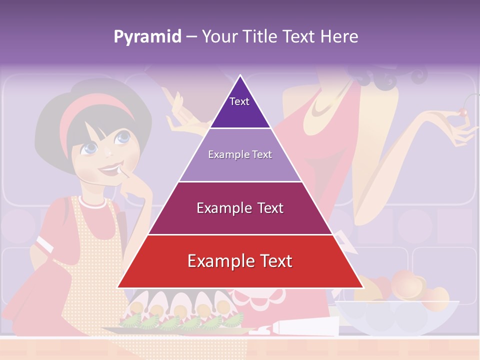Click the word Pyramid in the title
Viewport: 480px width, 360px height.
point(147,37)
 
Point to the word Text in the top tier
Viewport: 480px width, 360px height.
point(239,101)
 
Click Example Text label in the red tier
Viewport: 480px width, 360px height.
point(240,261)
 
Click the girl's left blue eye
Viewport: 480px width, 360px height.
point(90,147)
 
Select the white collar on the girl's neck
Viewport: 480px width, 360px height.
point(92,202)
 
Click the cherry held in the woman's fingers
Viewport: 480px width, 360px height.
point(463,113)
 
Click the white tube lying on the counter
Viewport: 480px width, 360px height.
point(300,329)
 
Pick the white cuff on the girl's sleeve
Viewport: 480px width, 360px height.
point(45,244)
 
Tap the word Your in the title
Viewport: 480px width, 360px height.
point(218,36)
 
